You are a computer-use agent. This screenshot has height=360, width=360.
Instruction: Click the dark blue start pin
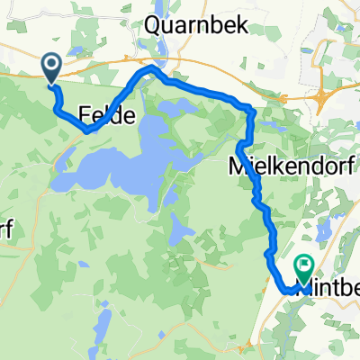50,66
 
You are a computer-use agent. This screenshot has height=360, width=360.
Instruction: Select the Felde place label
107,115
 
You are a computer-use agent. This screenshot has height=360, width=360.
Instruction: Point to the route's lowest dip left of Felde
86,130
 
